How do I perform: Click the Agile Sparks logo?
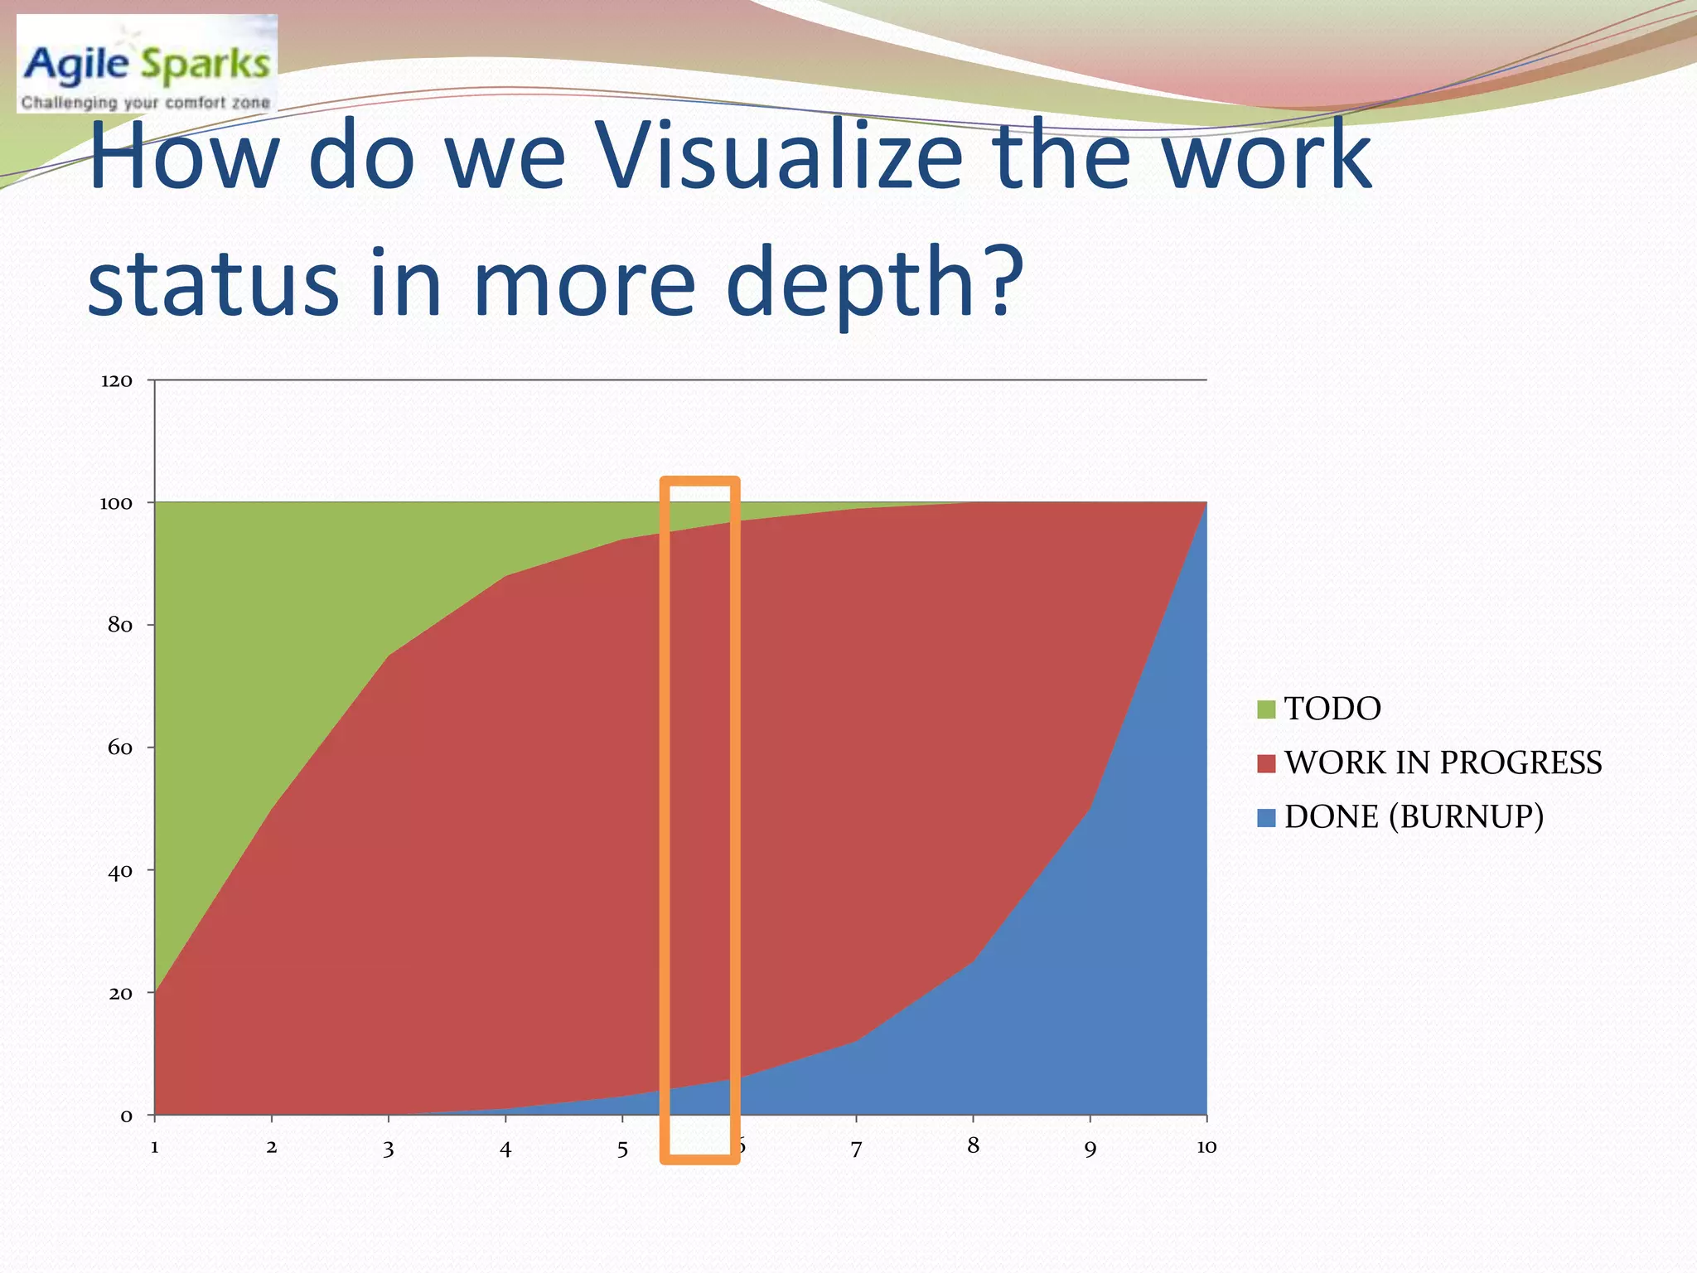tap(147, 63)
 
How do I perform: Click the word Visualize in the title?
tap(780, 157)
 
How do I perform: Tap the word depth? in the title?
tap(875, 283)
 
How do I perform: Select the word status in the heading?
tap(214, 283)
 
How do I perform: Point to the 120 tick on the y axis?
tap(117, 381)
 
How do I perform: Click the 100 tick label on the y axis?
tap(116, 504)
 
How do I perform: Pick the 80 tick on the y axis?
tap(120, 626)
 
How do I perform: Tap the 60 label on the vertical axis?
tap(120, 748)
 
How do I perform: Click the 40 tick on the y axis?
tap(120, 871)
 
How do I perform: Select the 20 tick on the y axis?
tap(120, 994)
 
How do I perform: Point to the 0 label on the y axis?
tap(127, 1116)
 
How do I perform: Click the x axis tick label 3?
tap(389, 1150)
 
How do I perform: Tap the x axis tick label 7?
tap(856, 1150)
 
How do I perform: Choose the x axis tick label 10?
tap(1206, 1147)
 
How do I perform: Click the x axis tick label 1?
tap(155, 1148)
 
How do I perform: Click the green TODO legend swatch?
tap(1266, 709)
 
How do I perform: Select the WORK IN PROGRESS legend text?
tap(1443, 763)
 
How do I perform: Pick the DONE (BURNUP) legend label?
tap(1414, 817)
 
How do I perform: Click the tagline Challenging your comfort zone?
tap(146, 103)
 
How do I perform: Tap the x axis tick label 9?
tap(1090, 1150)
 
